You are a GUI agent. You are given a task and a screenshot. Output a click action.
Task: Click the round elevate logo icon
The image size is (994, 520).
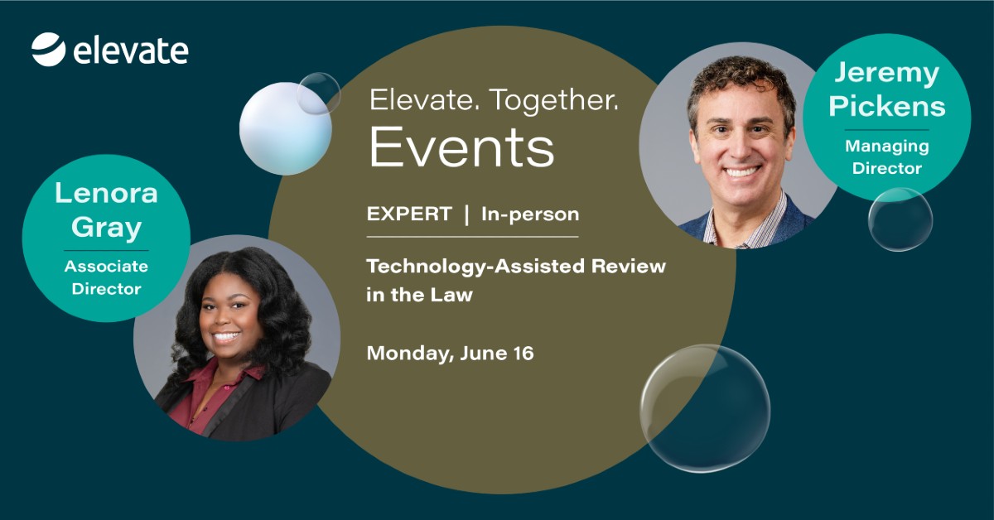click(48, 49)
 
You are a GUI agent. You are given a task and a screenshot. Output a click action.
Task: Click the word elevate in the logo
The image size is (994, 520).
click(131, 51)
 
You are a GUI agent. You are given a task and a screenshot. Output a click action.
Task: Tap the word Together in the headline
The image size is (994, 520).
click(554, 101)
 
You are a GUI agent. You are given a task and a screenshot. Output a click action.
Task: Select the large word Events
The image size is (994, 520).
click(461, 147)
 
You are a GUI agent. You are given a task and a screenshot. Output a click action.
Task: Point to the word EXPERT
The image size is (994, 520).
click(409, 214)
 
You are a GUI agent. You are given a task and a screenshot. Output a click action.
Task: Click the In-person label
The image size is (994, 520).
click(530, 214)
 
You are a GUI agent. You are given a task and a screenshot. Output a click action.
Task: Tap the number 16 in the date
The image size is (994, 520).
click(524, 354)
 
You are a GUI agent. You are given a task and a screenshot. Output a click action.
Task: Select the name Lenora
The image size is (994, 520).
click(106, 194)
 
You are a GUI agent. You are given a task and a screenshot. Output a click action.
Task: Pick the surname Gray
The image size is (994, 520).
click(106, 229)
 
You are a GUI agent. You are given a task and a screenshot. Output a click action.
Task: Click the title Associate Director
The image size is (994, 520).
click(106, 277)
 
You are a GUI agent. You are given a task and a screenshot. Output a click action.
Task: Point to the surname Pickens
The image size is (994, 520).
click(887, 107)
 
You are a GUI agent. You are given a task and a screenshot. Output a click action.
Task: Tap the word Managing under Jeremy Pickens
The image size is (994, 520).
click(886, 147)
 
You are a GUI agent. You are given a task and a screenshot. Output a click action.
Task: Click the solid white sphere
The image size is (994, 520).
click(285, 128)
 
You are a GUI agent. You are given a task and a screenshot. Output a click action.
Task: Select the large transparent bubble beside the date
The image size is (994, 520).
click(705, 408)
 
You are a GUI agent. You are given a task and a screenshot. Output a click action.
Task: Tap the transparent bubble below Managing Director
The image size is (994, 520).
click(900, 219)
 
